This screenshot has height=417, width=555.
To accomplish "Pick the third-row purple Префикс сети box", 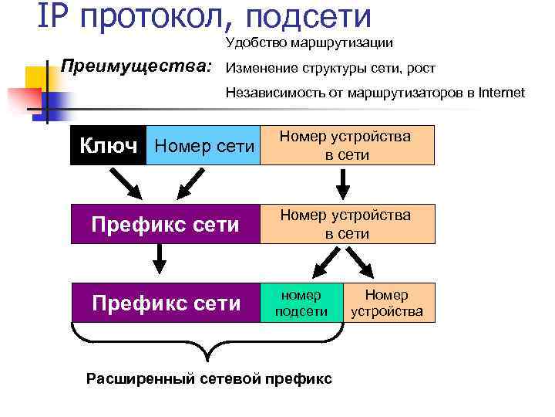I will pyautogui.click(x=166, y=302).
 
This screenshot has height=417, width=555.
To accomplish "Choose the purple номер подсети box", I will pyautogui.click(x=303, y=302).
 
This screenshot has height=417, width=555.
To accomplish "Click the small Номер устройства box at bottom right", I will pyautogui.click(x=387, y=302).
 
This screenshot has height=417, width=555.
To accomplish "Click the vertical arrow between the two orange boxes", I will pyautogui.click(x=345, y=183).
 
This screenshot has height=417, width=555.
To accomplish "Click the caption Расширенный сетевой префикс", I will pyautogui.click(x=209, y=378).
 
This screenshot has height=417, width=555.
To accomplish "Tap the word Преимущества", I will pyautogui.click(x=136, y=66).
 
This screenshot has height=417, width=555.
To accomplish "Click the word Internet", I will pyautogui.click(x=500, y=93).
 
